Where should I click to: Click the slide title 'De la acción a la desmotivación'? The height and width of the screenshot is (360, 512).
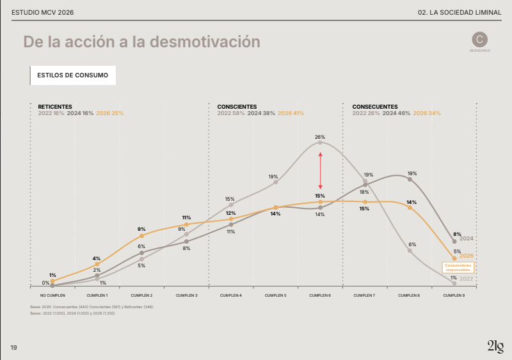click(x=141, y=42)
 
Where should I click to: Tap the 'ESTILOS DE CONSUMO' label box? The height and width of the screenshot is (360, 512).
click(x=72, y=75)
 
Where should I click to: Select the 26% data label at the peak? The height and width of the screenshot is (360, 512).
click(x=320, y=137)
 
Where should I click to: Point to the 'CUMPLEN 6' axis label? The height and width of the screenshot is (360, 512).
click(x=320, y=295)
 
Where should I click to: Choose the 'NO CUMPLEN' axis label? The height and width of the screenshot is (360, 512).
click(x=52, y=295)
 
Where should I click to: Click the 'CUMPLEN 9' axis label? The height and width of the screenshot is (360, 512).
click(x=454, y=295)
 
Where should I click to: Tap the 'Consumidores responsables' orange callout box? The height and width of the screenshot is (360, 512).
click(x=458, y=267)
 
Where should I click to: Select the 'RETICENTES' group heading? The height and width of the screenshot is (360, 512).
click(x=55, y=107)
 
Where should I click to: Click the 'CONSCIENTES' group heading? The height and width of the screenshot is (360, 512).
click(x=237, y=107)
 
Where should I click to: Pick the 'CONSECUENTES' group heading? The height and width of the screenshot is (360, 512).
click(x=375, y=107)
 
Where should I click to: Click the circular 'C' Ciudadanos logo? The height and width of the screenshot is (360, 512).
click(x=479, y=39)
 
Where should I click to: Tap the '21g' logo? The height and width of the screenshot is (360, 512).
click(x=495, y=347)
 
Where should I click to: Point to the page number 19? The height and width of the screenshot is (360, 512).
click(x=13, y=347)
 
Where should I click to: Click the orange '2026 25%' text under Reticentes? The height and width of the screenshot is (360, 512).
click(x=109, y=113)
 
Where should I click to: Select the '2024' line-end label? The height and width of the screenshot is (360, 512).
click(x=466, y=239)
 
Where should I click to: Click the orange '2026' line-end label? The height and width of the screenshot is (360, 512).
click(x=466, y=256)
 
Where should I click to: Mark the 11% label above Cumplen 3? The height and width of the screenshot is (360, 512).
click(x=186, y=217)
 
